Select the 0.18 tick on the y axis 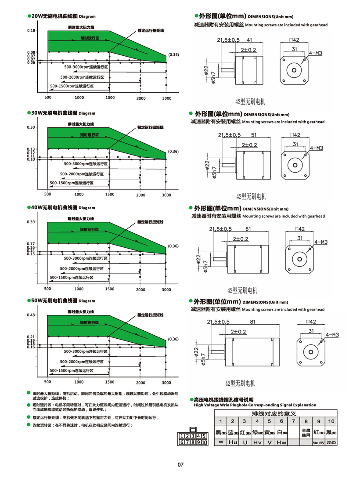click(30, 30)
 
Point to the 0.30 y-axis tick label click(30, 127)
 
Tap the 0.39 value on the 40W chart click(30, 222)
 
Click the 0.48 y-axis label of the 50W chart click(30, 315)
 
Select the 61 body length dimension click(248, 229)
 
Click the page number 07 click(180, 464)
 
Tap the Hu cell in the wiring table click(233, 442)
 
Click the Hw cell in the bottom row click(281, 442)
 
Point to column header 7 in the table click(293, 422)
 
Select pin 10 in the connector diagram click(204, 442)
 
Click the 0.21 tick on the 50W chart click(30, 337)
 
